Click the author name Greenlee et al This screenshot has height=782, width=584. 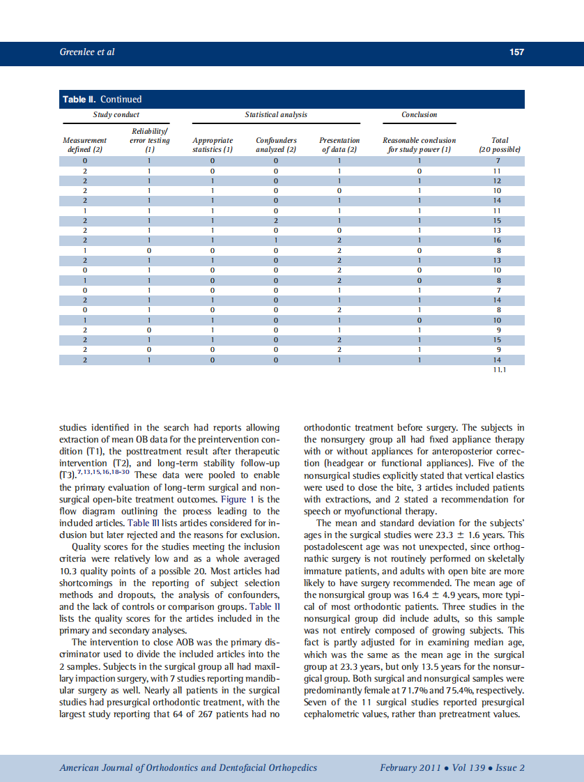87,52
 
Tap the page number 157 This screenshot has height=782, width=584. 516,52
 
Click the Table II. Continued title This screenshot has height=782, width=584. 102,99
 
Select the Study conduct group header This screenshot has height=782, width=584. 116,114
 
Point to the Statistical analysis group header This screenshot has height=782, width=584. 276,114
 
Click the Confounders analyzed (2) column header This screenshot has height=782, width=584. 276,144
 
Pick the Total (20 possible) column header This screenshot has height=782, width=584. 500,144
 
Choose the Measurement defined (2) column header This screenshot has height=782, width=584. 84,144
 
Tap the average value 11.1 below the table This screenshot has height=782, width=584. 499,370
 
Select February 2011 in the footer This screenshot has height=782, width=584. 410,768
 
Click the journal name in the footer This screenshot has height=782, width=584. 188,768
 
